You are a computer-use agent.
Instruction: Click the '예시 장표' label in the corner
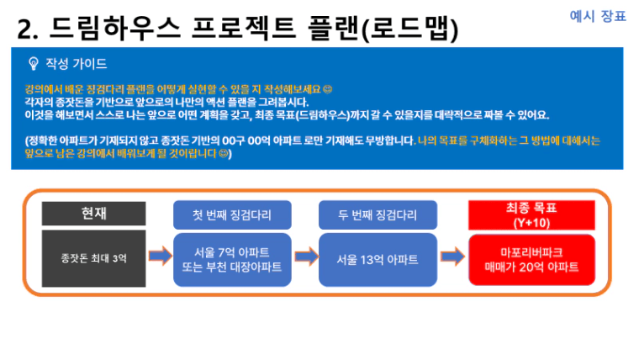click(598, 16)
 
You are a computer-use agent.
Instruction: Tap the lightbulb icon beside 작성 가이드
click(34, 64)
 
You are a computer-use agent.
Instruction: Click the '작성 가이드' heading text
click(77, 64)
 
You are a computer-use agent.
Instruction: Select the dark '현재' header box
click(93, 214)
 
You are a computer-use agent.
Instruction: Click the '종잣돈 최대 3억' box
click(93, 258)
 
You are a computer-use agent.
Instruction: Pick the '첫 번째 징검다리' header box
click(232, 214)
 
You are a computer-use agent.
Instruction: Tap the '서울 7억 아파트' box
click(232, 260)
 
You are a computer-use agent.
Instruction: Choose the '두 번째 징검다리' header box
click(378, 214)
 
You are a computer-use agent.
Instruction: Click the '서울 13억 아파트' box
click(378, 260)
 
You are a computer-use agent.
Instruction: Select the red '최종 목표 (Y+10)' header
click(531, 214)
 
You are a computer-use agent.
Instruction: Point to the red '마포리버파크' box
click(531, 260)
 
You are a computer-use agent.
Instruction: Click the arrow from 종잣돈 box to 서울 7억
click(160, 256)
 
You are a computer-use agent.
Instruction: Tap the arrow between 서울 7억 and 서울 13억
click(306, 257)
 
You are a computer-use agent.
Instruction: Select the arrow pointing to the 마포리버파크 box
click(452, 257)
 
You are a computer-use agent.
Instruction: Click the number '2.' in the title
click(28, 29)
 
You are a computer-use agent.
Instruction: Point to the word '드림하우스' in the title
click(114, 29)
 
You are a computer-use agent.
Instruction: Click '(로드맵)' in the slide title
click(410, 29)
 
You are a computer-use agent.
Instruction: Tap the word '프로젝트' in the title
click(243, 29)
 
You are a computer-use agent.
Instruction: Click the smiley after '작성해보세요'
click(327, 89)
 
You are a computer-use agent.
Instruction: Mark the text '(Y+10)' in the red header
click(531, 223)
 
